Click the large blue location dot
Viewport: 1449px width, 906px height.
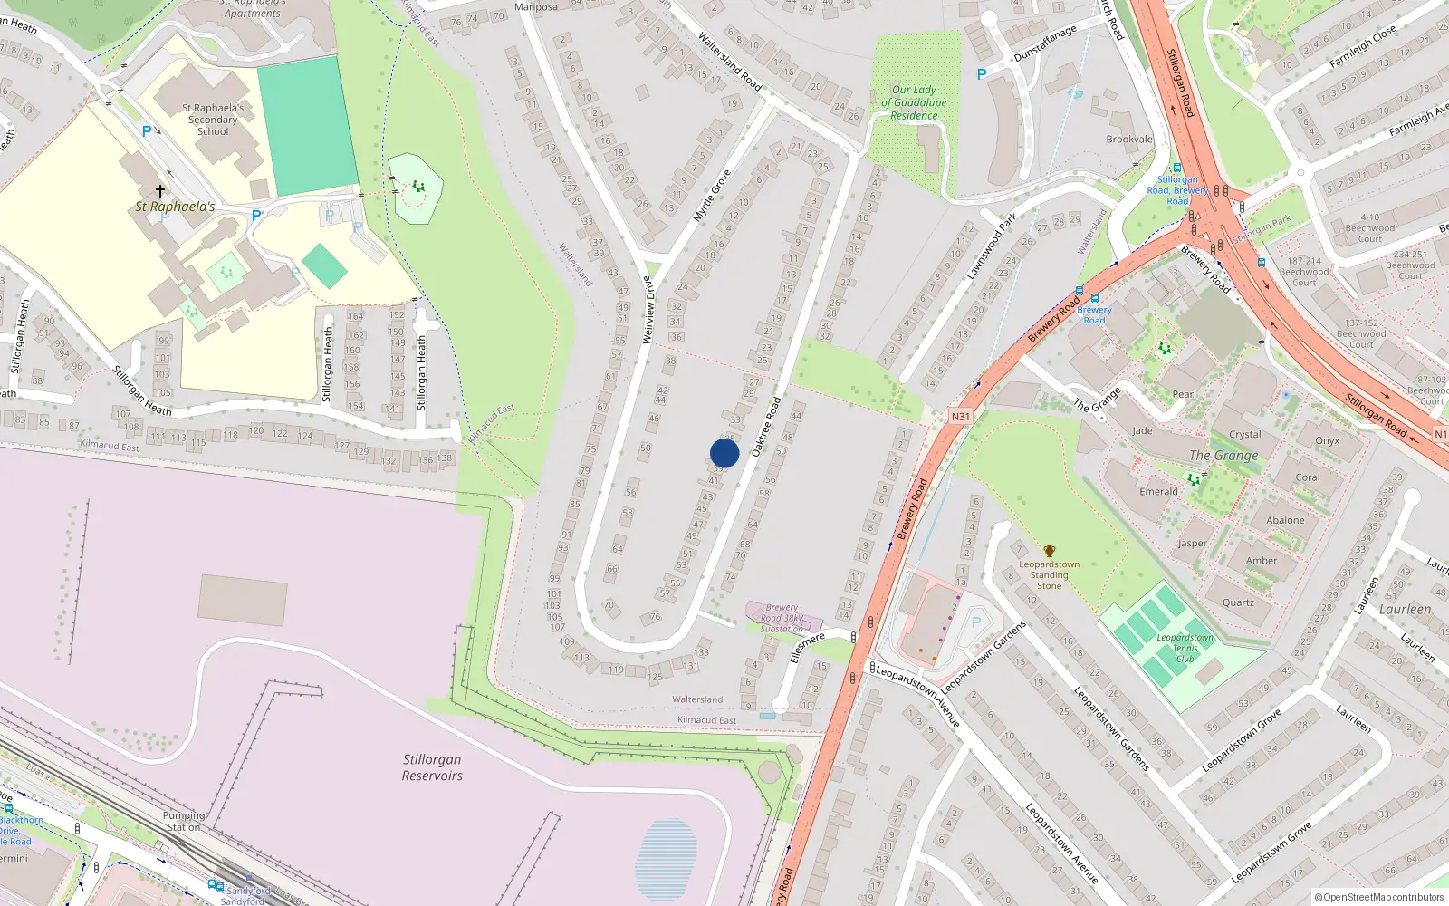point(724,453)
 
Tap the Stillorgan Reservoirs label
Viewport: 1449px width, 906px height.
point(432,767)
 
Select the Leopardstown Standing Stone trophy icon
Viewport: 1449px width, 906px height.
point(1049,551)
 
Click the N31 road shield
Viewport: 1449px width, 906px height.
point(960,417)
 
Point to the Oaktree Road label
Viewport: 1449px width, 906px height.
point(766,426)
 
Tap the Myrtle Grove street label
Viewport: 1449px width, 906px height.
point(712,196)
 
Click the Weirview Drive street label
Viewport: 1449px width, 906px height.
point(648,310)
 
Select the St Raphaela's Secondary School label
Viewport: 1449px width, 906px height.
point(213,120)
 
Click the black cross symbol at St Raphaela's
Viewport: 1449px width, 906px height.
point(160,191)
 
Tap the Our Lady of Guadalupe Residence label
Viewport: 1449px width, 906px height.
point(914,102)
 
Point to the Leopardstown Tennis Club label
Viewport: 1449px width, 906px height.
point(1185,648)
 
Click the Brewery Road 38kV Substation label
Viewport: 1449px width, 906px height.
point(782,618)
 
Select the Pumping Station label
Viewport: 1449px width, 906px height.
point(183,821)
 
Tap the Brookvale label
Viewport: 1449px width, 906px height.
point(1129,140)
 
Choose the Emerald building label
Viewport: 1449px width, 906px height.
point(1158,492)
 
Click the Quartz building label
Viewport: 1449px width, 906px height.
point(1238,602)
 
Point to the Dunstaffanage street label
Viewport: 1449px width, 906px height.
point(1045,43)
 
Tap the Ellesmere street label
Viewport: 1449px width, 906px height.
point(807,647)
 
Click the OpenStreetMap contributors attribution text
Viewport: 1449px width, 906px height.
point(1379,898)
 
